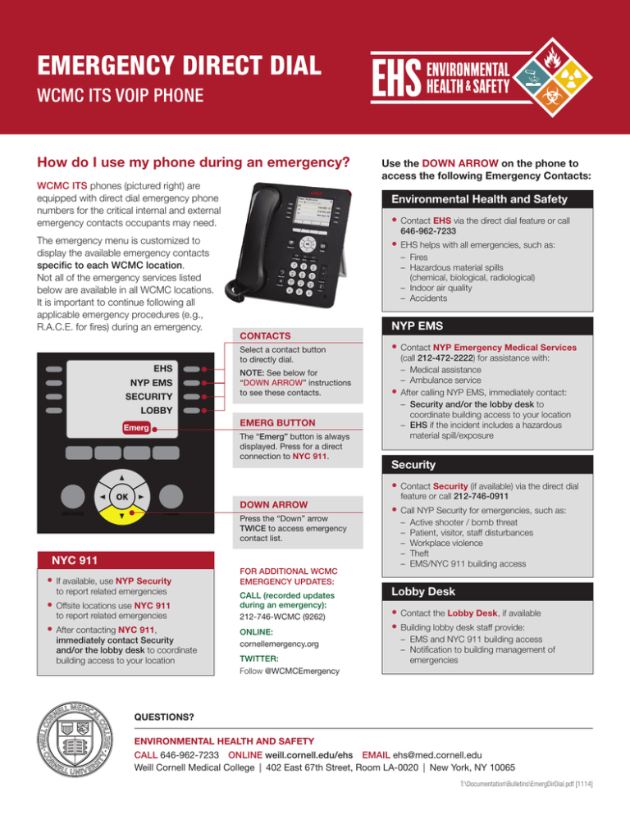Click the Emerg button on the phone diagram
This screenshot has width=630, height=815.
(x=136, y=428)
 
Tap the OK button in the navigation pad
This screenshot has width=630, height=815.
(x=121, y=497)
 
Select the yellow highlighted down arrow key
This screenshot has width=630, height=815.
(x=121, y=517)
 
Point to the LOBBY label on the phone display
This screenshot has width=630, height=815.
(x=158, y=407)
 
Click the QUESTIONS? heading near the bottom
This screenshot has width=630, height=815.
(x=164, y=716)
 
